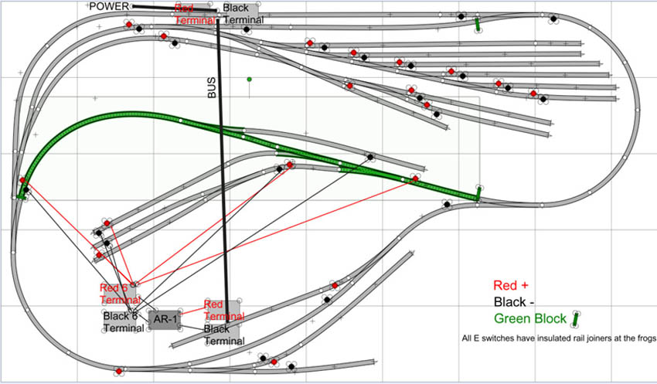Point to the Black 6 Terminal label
(123, 321)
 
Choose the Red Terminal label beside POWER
(194, 13)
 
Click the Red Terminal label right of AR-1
(223, 311)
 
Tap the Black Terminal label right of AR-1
(223, 335)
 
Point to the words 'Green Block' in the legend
(529, 318)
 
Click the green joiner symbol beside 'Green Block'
(577, 318)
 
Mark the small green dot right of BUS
(249, 79)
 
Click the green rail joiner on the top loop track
(478, 25)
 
